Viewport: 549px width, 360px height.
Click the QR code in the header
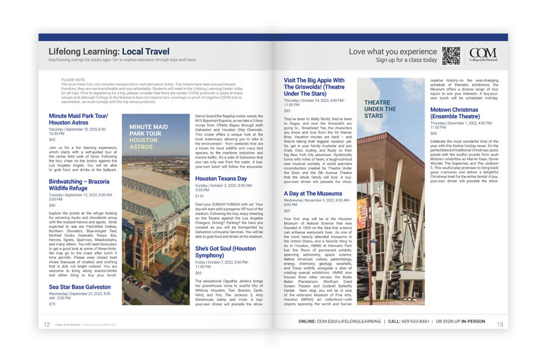[451, 56]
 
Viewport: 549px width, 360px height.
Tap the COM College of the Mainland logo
[483, 55]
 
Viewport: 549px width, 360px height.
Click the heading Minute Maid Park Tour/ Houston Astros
[78, 119]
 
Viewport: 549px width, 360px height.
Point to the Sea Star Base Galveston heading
[79, 286]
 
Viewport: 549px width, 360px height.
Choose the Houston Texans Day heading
[221, 179]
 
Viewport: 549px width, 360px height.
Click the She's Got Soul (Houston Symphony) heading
[225, 252]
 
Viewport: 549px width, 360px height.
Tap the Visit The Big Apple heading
[314, 87]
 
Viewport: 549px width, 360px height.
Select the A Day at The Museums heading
[312, 193]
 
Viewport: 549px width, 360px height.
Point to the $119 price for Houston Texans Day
[199, 196]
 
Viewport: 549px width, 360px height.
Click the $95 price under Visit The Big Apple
[287, 111]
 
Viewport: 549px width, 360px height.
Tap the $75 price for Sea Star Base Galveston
[52, 304]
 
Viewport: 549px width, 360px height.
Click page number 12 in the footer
[46, 325]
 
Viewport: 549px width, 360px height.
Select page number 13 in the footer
[500, 325]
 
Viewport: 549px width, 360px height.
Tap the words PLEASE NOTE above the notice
[73, 79]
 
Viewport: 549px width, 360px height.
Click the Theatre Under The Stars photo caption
[381, 109]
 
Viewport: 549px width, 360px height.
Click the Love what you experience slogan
[392, 51]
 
